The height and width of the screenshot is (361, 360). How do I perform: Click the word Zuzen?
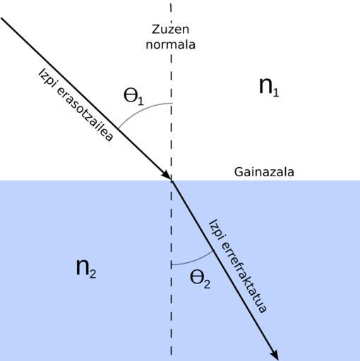(170, 30)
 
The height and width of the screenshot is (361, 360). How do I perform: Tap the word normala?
(171, 44)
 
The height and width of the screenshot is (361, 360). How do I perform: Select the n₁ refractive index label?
(269, 87)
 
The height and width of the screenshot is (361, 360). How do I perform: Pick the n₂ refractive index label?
(86, 268)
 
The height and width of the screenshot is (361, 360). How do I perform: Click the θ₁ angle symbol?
(133, 97)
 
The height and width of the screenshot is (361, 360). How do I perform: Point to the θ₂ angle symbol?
(200, 279)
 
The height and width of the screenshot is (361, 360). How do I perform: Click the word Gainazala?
(264, 172)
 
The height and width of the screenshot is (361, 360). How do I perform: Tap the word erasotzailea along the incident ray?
(85, 115)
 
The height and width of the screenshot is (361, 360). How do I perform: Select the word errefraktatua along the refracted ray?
(244, 277)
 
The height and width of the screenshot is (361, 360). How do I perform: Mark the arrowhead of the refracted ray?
(275, 355)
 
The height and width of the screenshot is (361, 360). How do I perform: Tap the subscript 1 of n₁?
(276, 92)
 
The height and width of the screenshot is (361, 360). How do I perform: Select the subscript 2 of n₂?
(93, 274)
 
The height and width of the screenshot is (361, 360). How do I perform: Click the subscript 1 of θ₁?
(140, 101)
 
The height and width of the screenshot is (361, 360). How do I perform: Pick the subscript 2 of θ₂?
(207, 284)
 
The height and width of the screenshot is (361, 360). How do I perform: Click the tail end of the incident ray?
(1, 18)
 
